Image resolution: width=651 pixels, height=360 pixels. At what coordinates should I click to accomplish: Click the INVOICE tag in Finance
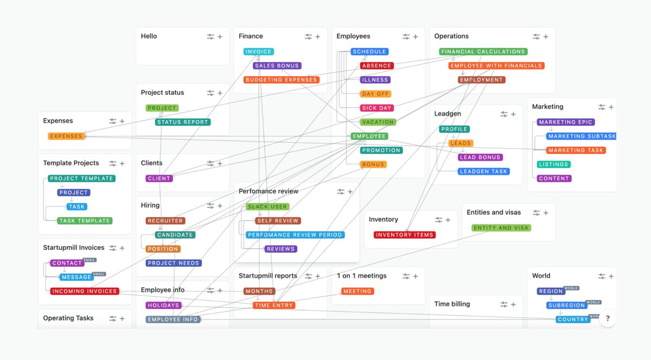pyautogui.click(x=258, y=52)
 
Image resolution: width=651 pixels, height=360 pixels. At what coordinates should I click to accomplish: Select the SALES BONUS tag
pyautogui.click(x=277, y=66)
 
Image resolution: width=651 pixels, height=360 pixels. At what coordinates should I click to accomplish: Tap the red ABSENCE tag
pyautogui.click(x=376, y=66)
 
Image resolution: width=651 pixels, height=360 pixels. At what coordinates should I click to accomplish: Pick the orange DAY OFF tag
pyautogui.click(x=375, y=94)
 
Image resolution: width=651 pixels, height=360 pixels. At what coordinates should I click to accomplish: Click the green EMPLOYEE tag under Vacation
pyautogui.click(x=369, y=136)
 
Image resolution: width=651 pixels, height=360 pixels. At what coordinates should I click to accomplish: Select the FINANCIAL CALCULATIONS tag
pyautogui.click(x=483, y=52)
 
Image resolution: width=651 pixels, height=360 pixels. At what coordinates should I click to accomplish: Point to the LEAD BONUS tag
pyautogui.click(x=481, y=157)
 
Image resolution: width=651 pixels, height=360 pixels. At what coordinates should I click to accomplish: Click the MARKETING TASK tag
pyautogui.click(x=576, y=150)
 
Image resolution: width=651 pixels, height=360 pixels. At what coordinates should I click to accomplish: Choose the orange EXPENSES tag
pyautogui.click(x=66, y=136)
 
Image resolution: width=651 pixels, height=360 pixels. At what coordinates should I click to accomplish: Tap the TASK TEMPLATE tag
pyautogui.click(x=85, y=221)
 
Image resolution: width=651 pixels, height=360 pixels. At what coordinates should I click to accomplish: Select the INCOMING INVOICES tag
pyautogui.click(x=84, y=291)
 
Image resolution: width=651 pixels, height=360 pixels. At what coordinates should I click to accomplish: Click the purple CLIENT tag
pyautogui.click(x=159, y=178)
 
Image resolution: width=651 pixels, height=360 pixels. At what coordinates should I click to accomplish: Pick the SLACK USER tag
pyautogui.click(x=267, y=207)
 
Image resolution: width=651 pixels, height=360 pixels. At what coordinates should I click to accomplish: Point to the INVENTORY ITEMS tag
pyautogui.click(x=405, y=235)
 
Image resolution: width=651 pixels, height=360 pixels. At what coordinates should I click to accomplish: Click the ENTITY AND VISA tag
pyautogui.click(x=501, y=228)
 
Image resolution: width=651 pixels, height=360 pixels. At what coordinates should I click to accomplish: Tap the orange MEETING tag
pyautogui.click(x=358, y=291)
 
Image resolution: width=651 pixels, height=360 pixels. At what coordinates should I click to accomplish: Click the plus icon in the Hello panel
pyautogui.click(x=220, y=36)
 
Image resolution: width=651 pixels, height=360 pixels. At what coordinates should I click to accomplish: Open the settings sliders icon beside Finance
pyautogui.click(x=308, y=36)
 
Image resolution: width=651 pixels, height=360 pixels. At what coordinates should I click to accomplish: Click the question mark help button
pyautogui.click(x=608, y=318)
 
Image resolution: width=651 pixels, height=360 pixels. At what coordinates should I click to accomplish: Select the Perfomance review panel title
pyautogui.click(x=269, y=191)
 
